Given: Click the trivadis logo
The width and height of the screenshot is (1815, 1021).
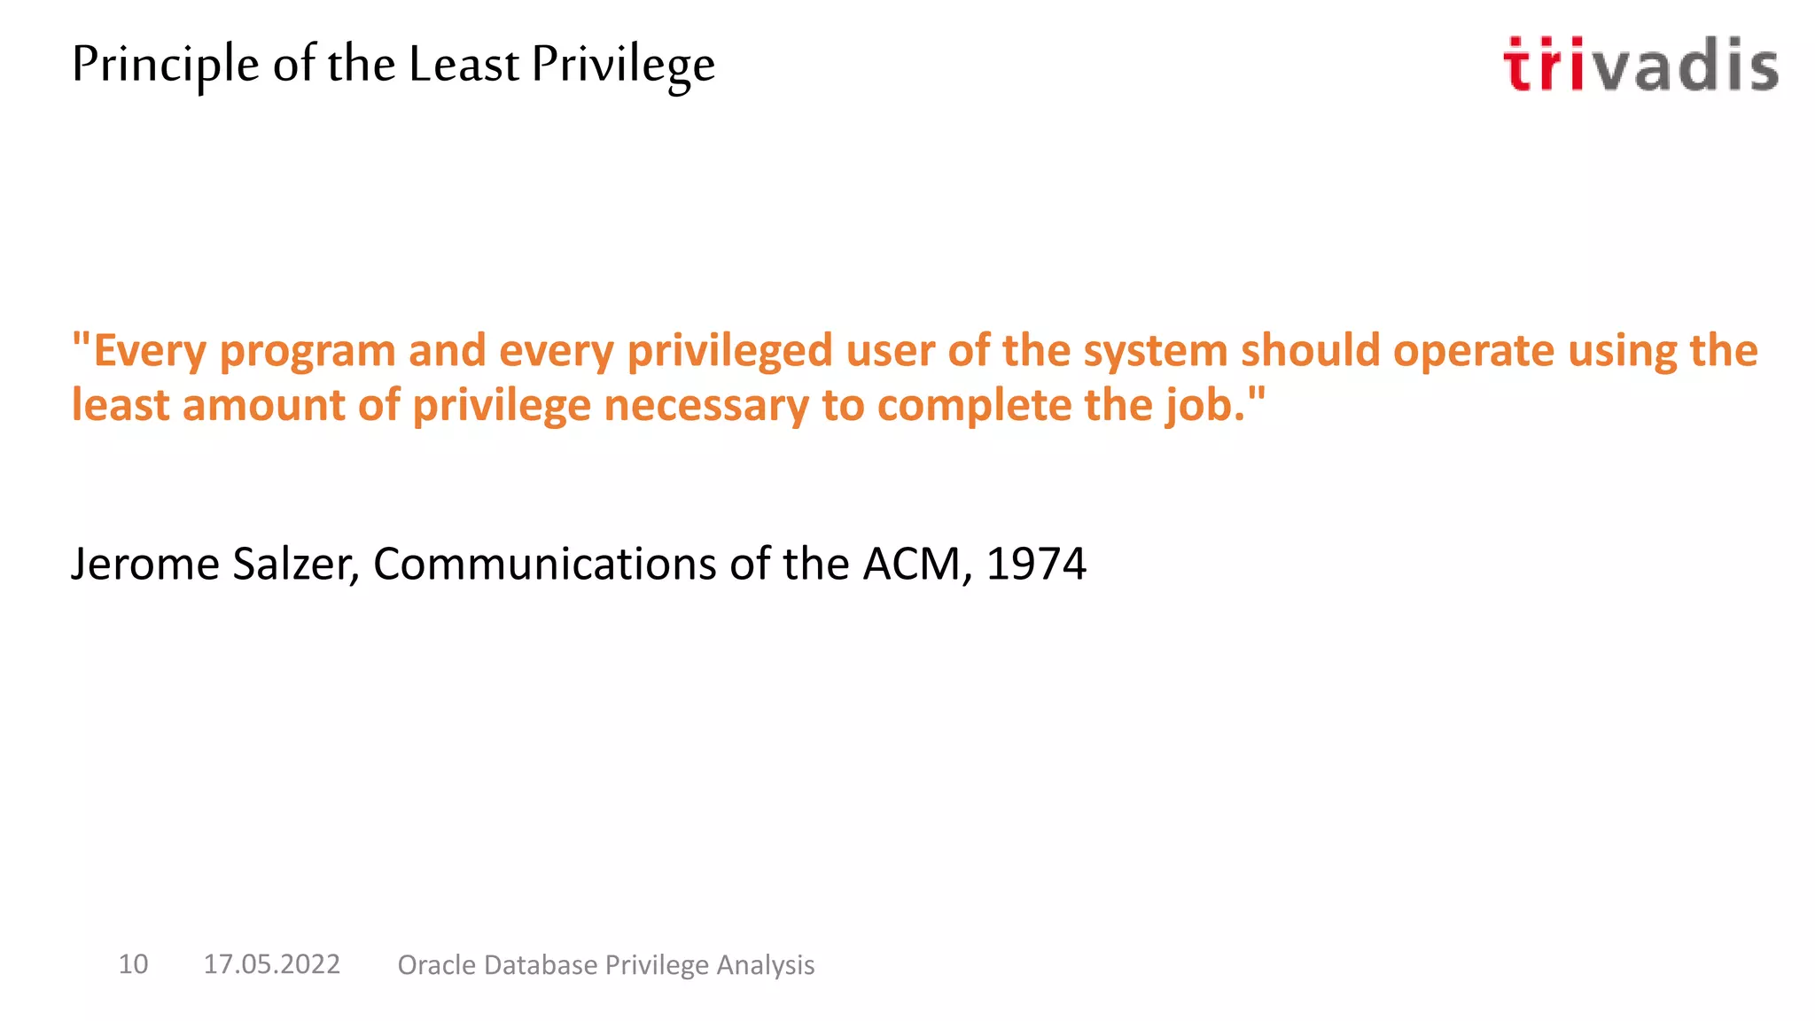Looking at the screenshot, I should pos(1640,65).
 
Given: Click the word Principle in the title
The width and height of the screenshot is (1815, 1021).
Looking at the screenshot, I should pos(166,66).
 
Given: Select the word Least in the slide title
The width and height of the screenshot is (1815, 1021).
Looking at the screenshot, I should pos(463,64).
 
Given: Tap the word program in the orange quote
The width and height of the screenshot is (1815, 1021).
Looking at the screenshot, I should pos(307,352).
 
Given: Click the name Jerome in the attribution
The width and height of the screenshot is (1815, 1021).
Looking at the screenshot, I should pos(144,564).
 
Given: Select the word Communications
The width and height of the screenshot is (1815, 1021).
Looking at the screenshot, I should pos(544,564).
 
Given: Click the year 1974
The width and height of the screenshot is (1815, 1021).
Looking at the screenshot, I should pos(1036,564).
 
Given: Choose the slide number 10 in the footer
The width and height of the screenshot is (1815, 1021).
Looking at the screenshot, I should pos(133,964).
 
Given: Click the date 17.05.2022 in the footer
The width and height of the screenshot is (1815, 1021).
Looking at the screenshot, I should pos(271,964).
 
